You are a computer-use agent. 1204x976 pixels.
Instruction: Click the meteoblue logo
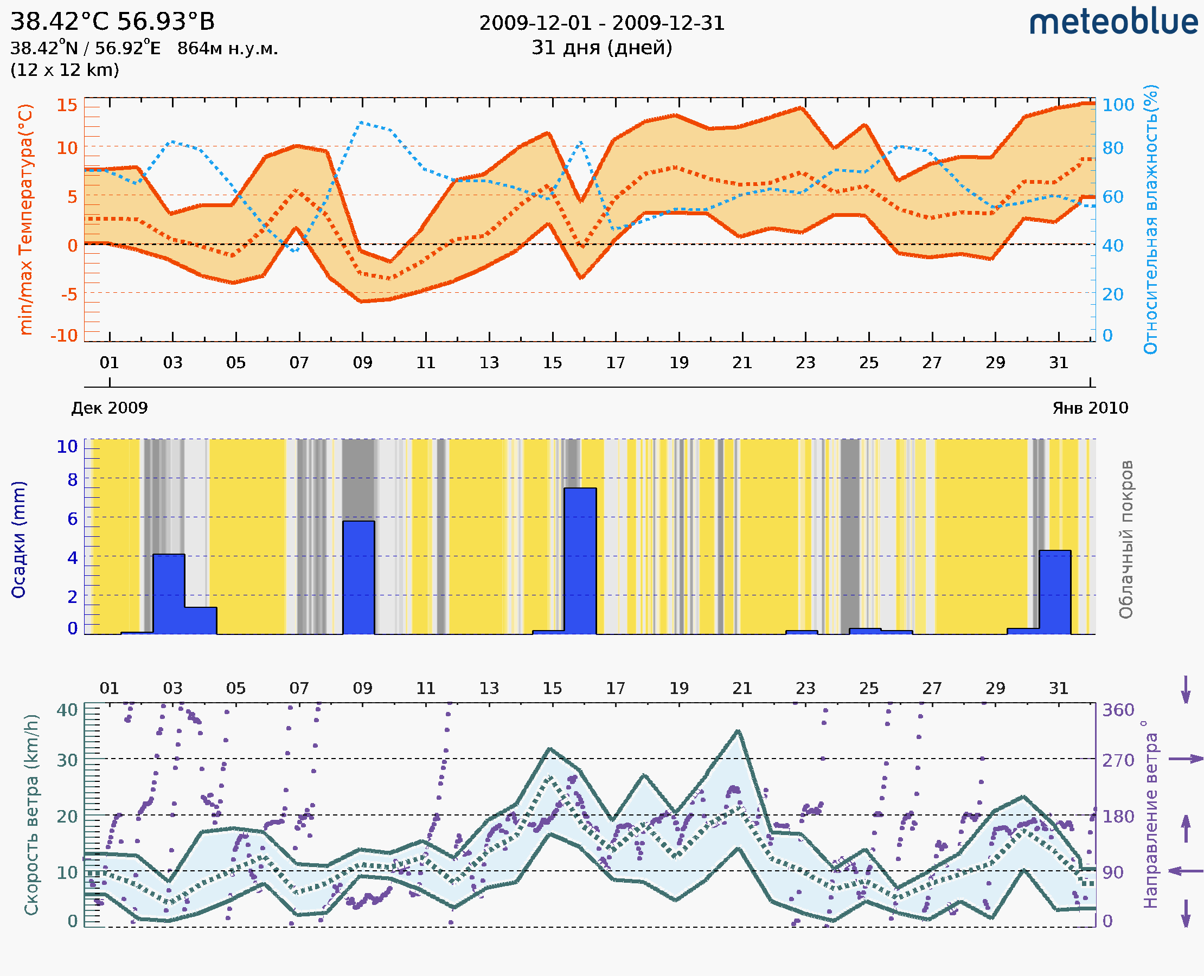pos(1113,22)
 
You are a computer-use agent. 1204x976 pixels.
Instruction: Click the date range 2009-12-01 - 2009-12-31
pos(601,23)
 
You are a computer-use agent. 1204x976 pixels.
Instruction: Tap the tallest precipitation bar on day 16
pos(580,561)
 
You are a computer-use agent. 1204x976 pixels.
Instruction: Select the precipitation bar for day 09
pos(359,577)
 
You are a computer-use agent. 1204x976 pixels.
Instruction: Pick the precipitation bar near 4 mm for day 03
pos(169,594)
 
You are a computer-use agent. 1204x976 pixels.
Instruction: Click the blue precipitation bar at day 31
pos(1054,592)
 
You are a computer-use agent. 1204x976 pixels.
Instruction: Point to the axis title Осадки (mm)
pos(18,540)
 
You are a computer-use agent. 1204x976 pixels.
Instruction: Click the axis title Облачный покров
pos(1125,540)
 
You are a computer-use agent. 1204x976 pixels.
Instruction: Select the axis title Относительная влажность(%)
pos(1150,219)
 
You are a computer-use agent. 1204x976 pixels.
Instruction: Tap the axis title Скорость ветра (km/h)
pos(31,814)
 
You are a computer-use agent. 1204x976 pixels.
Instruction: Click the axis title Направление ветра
pos(1150,814)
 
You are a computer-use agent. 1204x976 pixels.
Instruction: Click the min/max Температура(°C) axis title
pos(25,219)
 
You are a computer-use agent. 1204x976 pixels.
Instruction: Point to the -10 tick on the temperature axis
pos(64,336)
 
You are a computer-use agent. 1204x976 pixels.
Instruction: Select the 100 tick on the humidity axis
pos(1118,105)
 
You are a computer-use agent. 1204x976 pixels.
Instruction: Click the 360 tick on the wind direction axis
pos(1118,710)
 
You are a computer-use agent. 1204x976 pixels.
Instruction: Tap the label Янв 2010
pos(1090,408)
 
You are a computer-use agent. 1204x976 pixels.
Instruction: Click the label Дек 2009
pos(110,408)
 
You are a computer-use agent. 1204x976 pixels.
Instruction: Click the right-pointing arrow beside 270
pos(1186,759)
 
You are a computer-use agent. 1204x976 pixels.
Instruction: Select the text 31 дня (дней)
pos(601,48)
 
